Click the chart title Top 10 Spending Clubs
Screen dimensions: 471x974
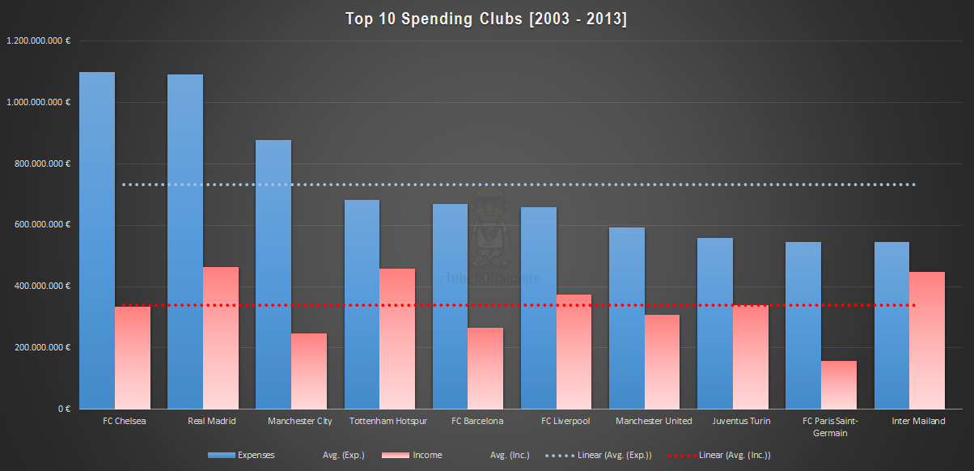pos(486,19)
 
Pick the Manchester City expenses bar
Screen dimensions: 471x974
pos(273,275)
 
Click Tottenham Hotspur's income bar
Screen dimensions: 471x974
pos(397,339)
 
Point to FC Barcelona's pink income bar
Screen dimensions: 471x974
pos(485,368)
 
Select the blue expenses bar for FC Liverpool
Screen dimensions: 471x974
pos(539,308)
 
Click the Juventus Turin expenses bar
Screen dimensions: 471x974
pos(715,324)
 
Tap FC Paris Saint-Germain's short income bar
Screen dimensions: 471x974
pos(839,384)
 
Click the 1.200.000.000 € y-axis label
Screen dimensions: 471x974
pos(38,40)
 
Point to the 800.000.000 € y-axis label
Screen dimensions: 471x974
pos(43,163)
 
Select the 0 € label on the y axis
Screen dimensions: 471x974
pos(63,409)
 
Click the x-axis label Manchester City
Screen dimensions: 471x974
pos(300,422)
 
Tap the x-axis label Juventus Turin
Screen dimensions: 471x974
pos(741,422)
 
